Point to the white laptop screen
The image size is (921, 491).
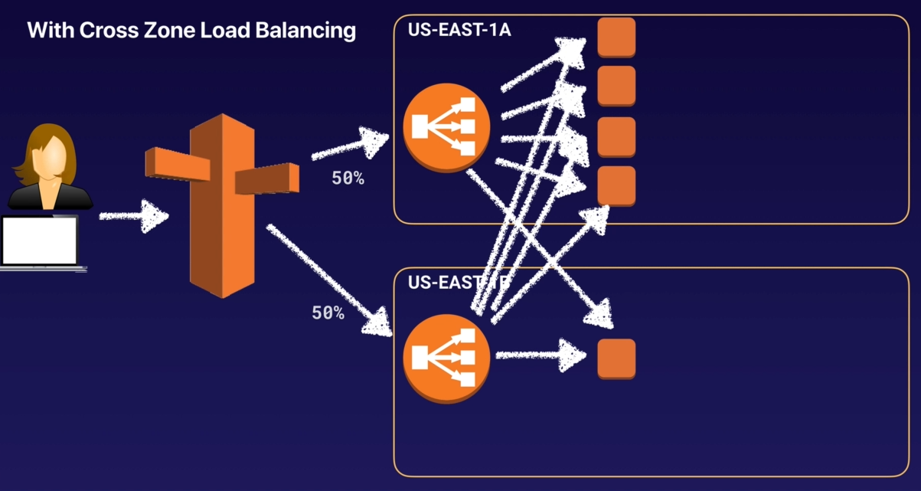pyautogui.click(x=39, y=240)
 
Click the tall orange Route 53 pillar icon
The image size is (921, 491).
pyautogui.click(x=221, y=205)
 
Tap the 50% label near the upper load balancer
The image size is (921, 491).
pyautogui.click(x=348, y=178)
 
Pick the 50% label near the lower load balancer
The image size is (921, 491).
pyautogui.click(x=328, y=313)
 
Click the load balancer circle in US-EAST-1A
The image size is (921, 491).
pyautogui.click(x=446, y=128)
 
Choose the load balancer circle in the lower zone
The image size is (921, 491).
pyautogui.click(x=446, y=358)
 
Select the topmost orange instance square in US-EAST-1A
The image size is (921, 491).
pyautogui.click(x=616, y=37)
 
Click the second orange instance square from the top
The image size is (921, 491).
pyautogui.click(x=616, y=86)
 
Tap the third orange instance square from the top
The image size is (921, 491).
pyautogui.click(x=616, y=136)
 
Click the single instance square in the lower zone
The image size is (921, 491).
pyautogui.click(x=616, y=358)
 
